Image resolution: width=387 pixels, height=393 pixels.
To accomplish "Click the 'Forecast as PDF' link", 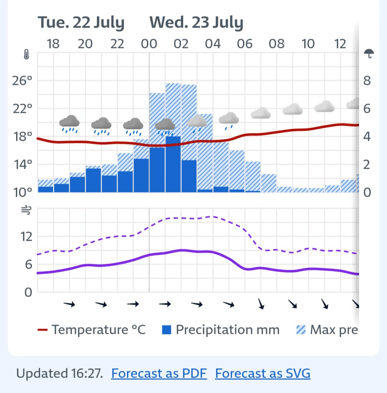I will pos(159,373).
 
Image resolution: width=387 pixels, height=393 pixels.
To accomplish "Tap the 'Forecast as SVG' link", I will pos(263,373).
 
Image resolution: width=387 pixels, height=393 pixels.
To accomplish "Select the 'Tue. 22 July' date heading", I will pos(81,23).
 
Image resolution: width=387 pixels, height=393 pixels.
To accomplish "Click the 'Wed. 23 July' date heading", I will pos(196,23).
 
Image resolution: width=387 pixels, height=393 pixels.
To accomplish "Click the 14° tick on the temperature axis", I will pos(23,164).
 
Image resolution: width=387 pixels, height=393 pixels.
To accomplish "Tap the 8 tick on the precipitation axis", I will pos(367,81).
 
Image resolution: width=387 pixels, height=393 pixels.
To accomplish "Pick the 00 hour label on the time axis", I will pos(149,44).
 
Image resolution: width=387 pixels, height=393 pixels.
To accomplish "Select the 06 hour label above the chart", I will pos(244,44).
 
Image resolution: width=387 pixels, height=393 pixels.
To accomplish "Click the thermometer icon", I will pos(26,56).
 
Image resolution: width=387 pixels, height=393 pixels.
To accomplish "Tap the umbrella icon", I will pos(369,54).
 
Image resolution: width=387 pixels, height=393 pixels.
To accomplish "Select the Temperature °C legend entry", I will pos(92,330).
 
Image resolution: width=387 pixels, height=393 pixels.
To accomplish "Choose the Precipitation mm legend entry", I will pos(221,330).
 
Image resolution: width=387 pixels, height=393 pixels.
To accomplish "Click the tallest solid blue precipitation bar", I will pos(173,164).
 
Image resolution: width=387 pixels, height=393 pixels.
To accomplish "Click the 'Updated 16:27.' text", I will pos(60,373).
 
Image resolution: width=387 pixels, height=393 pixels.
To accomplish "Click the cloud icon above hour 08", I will pos(261,113).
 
